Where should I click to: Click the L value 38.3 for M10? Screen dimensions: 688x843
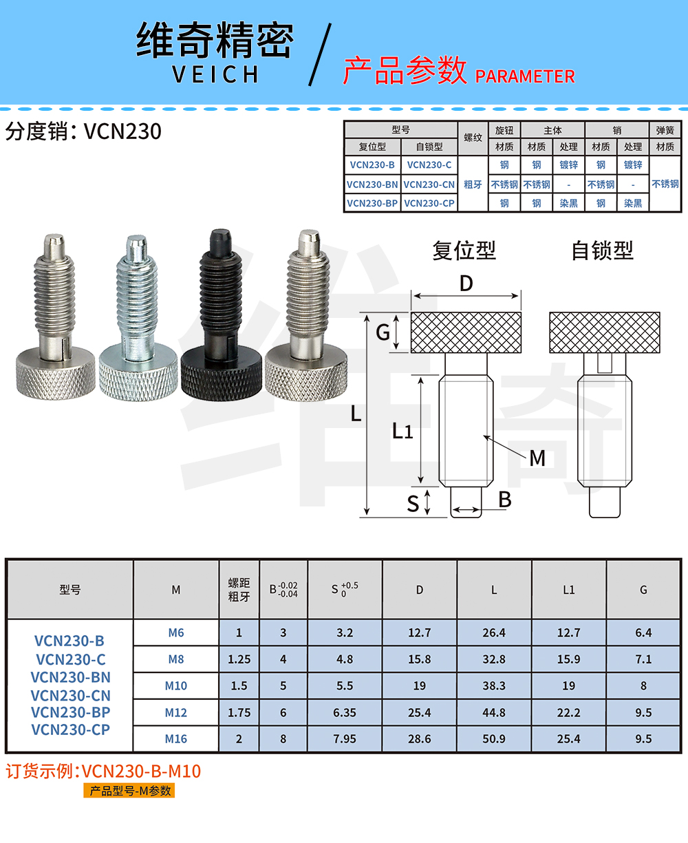tap(494, 686)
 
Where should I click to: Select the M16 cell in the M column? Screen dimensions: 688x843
tap(176, 739)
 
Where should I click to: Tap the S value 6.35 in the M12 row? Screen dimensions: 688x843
tap(345, 713)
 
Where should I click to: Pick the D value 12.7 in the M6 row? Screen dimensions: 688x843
tap(419, 632)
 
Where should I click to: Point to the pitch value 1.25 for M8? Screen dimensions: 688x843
tap(239, 659)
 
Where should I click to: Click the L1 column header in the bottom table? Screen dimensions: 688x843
tap(568, 590)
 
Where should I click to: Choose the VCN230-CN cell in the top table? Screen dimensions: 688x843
tap(429, 184)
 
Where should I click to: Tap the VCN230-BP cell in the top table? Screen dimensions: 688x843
tap(372, 204)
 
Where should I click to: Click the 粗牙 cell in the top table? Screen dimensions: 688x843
tap(473, 184)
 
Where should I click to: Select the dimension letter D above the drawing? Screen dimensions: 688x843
tap(466, 284)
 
